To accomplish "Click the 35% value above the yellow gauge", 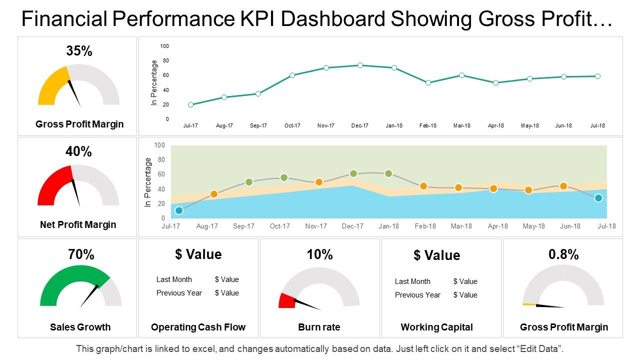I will click(x=79, y=51).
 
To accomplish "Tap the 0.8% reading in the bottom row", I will click(x=563, y=254).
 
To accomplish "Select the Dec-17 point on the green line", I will click(x=360, y=65).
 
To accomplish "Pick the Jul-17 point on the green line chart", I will click(x=191, y=105).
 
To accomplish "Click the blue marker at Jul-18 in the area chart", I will click(x=598, y=198).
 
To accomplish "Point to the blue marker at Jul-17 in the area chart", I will click(x=179, y=210).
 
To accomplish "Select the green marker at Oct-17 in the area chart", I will click(x=284, y=177).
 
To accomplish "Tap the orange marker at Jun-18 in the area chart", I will click(x=563, y=186).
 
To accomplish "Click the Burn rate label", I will click(x=319, y=327).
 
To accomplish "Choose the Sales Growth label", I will click(x=80, y=327).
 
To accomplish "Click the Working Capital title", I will click(x=436, y=327).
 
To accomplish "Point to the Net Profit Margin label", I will click(x=78, y=225).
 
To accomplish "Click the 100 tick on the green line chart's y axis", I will click(x=164, y=46).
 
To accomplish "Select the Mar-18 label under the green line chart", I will click(x=461, y=126).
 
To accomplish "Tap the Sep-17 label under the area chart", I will click(x=243, y=226).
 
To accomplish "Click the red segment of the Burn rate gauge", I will click(x=286, y=301).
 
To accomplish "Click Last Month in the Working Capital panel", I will click(x=412, y=281).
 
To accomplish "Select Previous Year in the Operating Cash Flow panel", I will click(x=179, y=293).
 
